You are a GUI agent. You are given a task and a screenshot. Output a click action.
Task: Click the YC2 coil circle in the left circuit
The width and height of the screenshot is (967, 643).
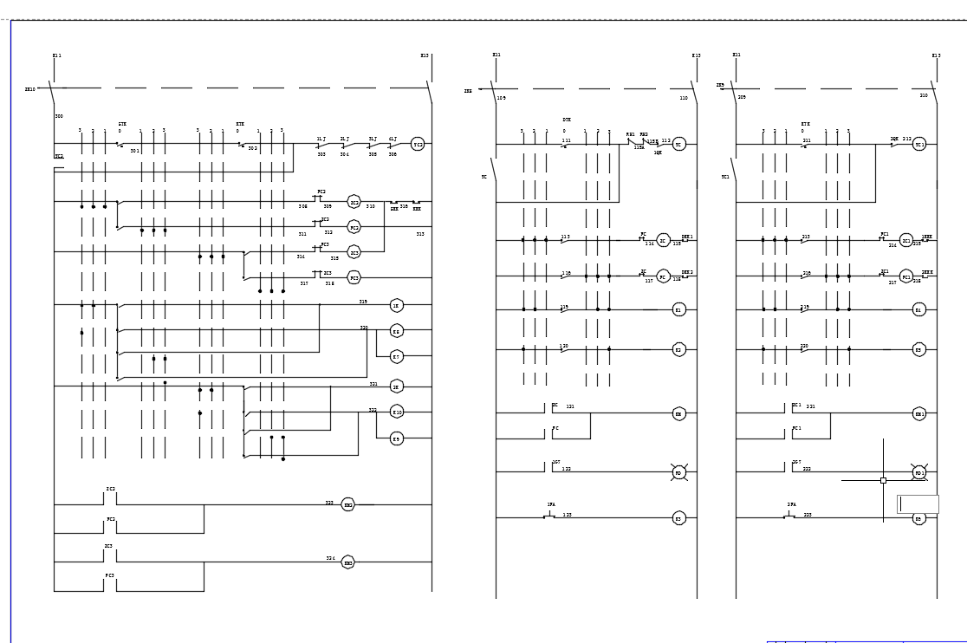pos(418,145)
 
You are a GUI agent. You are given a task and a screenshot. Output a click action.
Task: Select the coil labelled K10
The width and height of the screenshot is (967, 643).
pos(397,412)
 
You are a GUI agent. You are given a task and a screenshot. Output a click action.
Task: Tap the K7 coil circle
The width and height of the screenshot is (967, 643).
pos(397,356)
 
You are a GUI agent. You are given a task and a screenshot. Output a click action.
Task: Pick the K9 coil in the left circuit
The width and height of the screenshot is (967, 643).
pos(397,438)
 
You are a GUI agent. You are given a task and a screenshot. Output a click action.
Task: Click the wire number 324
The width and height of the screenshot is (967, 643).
pos(330,558)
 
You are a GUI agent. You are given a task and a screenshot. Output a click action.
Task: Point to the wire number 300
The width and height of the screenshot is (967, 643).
pos(59,116)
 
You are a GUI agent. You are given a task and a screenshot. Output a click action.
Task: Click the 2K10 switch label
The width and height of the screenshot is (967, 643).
pos(30,88)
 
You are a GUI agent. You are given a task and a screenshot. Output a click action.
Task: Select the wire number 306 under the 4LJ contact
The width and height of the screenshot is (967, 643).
pos(393,154)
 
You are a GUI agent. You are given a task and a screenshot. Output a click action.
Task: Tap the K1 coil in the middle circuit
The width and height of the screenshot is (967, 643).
pos(679,309)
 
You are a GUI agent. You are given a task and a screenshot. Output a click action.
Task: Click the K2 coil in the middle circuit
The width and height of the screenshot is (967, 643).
pos(679,350)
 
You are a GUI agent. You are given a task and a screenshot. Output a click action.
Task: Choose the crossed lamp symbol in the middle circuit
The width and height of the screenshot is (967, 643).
pos(679,472)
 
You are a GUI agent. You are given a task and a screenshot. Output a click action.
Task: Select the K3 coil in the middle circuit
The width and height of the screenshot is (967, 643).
pos(679,518)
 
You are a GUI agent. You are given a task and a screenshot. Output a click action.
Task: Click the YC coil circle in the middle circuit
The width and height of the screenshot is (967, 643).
pos(679,145)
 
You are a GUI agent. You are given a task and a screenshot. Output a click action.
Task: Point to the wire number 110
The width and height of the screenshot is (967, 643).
pos(684,98)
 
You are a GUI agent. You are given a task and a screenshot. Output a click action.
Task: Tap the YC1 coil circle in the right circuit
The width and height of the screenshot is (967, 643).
pos(919,145)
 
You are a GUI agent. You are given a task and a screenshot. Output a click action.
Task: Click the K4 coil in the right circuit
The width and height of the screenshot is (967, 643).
pos(919,309)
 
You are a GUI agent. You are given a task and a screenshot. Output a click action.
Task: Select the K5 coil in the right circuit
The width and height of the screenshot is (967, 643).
pos(919,350)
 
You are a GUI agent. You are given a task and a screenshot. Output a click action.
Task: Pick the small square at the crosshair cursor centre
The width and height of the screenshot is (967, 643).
pos(883,479)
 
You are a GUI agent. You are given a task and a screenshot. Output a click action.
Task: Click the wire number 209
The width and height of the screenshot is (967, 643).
pos(742,97)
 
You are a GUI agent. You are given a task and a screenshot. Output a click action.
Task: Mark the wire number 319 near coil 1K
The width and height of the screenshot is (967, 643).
pos(364,302)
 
